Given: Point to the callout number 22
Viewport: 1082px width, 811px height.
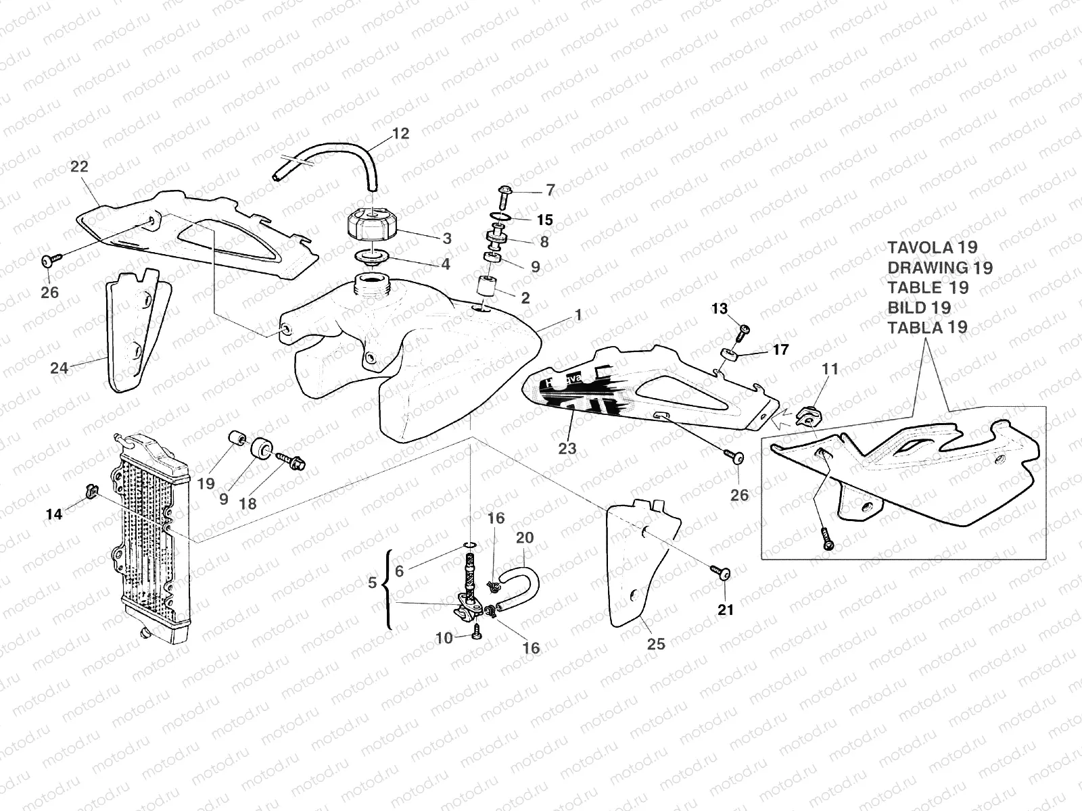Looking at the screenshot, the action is coord(79,166).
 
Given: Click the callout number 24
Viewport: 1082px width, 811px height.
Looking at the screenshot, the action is coord(60,368).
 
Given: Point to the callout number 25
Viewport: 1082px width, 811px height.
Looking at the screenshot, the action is coord(655,644).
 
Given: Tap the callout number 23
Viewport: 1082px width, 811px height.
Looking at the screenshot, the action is coord(567,448).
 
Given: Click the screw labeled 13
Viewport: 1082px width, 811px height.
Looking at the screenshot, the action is coord(743,330).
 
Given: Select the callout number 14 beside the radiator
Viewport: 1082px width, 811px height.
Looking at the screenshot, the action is coord(53,515).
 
